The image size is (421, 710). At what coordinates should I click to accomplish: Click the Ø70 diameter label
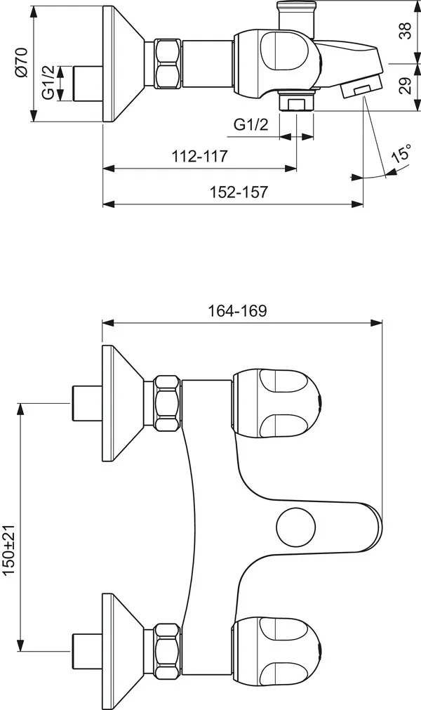20,63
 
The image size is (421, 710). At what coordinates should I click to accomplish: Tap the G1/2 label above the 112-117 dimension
250,124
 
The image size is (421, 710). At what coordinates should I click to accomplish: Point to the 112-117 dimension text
200,156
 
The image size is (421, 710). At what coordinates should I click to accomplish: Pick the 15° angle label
401,156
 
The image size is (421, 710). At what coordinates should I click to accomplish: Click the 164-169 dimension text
238,311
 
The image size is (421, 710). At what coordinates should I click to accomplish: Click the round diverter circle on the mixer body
294,527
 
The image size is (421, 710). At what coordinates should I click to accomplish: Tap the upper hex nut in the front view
168,404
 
